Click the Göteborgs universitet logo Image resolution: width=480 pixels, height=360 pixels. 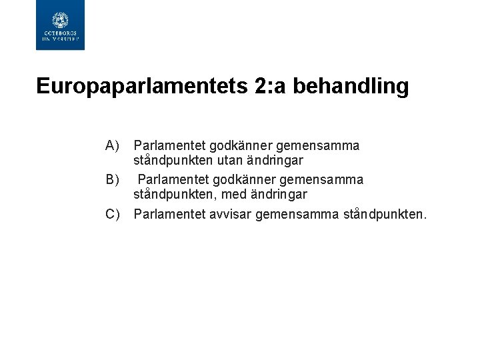pos(60,26)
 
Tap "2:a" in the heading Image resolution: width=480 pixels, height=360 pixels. pos(269,86)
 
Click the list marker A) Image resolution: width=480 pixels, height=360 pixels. pos(111,145)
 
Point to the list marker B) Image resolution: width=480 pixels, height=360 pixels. pos(111,179)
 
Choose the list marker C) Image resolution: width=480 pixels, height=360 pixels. pos(111,214)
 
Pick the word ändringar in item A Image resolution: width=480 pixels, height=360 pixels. pos(277,161)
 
